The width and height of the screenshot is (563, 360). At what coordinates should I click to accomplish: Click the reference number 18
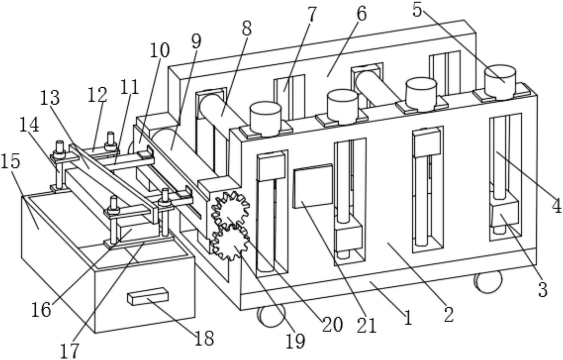click(204, 338)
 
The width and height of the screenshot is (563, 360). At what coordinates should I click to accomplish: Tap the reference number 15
click(11, 161)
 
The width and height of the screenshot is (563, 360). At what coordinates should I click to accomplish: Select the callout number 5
click(417, 10)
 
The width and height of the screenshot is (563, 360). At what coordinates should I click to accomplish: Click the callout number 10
click(160, 51)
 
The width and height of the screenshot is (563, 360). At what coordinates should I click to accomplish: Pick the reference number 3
click(542, 290)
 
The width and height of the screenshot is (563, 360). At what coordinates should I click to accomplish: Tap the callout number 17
click(69, 351)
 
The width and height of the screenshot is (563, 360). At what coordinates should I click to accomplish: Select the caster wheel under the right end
click(488, 282)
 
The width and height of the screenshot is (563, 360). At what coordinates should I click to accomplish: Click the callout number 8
click(247, 28)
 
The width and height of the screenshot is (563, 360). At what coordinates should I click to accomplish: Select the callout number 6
click(361, 14)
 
